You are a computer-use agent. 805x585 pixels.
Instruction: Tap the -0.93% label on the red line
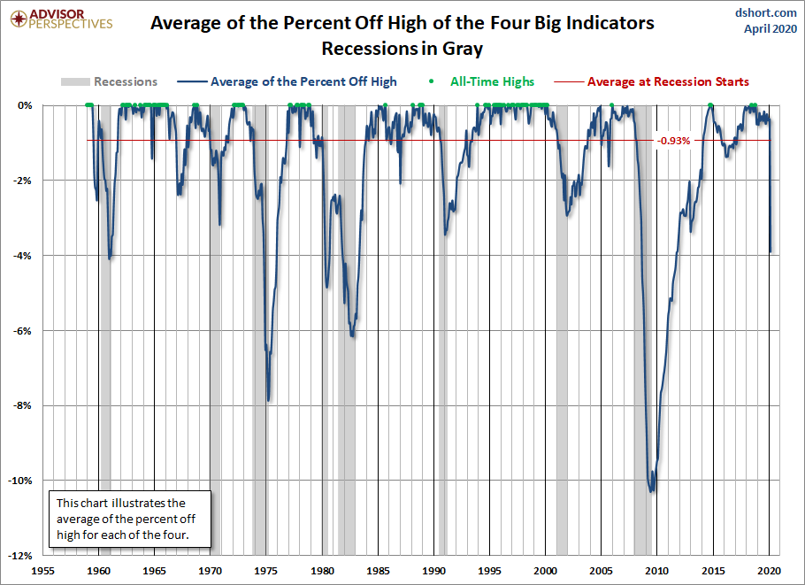(x=673, y=140)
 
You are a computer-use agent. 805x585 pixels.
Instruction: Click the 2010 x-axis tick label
(x=657, y=571)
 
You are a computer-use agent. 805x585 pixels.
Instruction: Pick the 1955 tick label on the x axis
(x=43, y=571)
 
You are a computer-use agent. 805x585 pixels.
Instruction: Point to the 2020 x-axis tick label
(x=769, y=571)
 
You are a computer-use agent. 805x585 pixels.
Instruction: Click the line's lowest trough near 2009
(x=653, y=491)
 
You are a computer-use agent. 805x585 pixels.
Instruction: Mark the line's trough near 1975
(x=268, y=400)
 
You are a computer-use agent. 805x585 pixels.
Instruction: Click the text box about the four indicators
(x=129, y=520)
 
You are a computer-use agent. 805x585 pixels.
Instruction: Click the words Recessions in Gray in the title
(x=402, y=48)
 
